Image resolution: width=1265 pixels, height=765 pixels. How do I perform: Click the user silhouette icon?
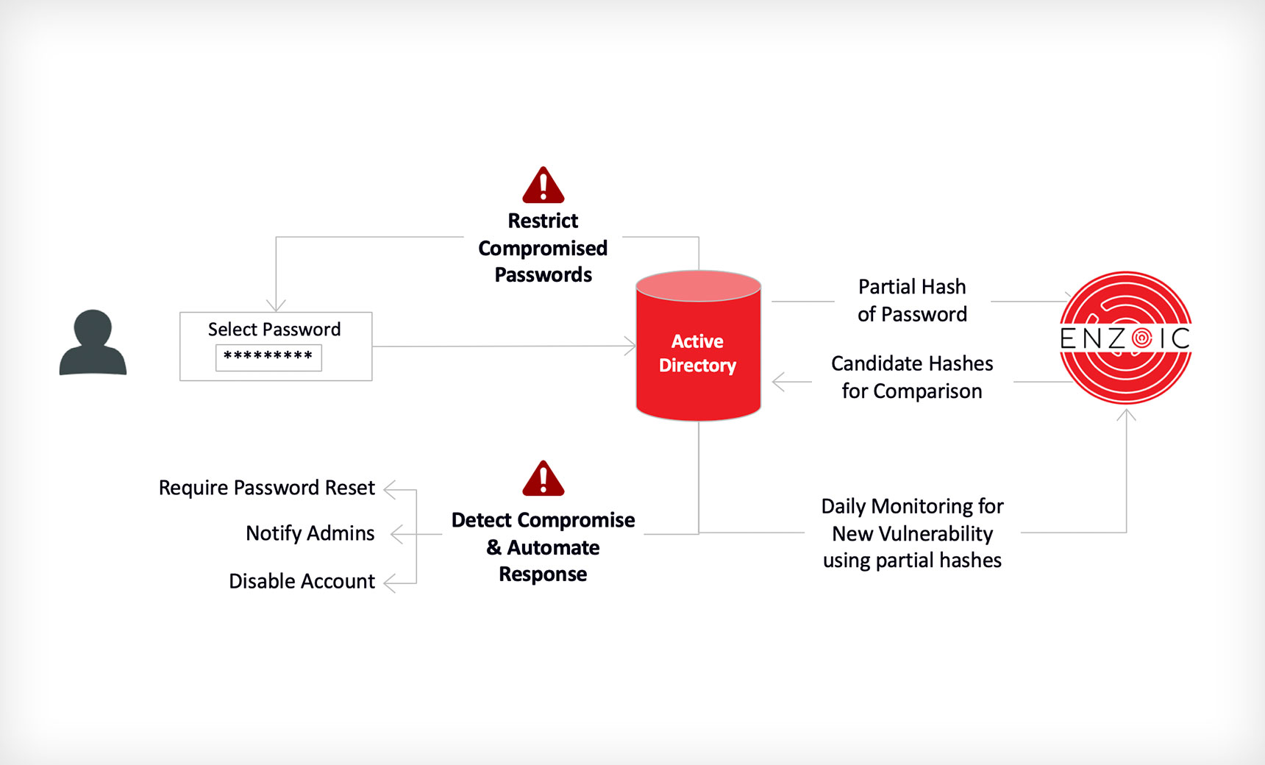click(93, 343)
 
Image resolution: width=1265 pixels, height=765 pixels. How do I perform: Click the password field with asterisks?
click(268, 357)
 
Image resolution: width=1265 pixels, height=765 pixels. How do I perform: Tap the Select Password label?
click(274, 330)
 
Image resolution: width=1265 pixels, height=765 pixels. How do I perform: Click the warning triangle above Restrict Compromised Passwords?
click(543, 187)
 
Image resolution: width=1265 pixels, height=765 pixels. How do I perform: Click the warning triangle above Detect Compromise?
click(543, 480)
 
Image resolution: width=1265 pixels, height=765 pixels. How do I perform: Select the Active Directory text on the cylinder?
click(697, 353)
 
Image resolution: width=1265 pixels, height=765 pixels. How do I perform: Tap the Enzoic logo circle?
click(1125, 338)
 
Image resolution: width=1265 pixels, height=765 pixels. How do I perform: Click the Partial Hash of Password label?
click(912, 300)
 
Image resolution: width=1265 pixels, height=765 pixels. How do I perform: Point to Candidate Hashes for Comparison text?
click(912, 377)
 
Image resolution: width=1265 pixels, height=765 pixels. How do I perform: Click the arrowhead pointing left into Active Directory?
click(778, 382)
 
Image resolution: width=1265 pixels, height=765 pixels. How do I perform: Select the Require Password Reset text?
click(267, 488)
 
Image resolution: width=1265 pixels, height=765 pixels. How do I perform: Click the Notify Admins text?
click(310, 533)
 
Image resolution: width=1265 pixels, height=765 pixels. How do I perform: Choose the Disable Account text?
click(302, 581)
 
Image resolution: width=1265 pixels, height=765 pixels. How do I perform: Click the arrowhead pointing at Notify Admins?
click(396, 534)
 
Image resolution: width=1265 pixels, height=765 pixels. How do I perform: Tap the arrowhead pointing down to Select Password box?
click(276, 305)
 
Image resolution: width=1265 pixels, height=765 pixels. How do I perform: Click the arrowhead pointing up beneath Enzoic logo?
click(1126, 415)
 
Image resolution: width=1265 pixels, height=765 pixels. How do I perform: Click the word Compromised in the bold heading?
click(543, 248)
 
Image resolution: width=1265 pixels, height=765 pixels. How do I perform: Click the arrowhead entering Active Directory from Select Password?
click(630, 346)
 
